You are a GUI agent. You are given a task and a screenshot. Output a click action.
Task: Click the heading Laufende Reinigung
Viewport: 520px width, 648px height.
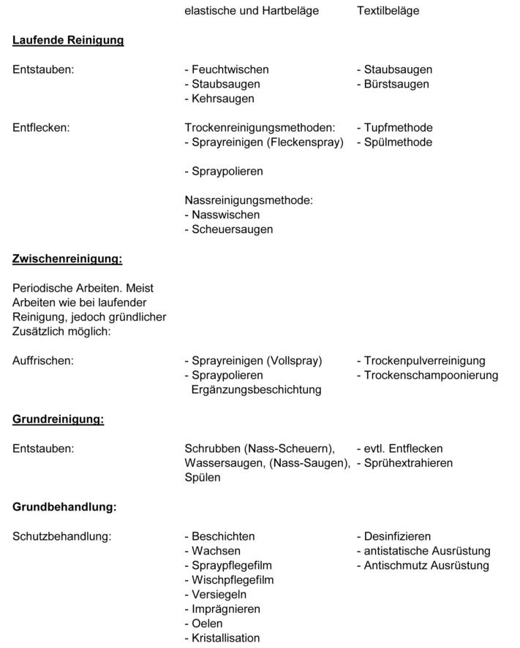coord(68,40)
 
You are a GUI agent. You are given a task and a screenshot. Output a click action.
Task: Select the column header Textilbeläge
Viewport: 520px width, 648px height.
coord(388,11)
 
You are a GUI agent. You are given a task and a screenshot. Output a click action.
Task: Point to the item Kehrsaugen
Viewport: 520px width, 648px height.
coord(222,99)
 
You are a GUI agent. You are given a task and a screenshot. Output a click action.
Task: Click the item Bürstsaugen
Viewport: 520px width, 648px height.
coord(396,84)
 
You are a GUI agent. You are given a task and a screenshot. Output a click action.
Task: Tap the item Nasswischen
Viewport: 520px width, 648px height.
coord(225,215)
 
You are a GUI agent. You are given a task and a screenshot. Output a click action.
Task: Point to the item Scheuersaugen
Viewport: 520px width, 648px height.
coord(232,229)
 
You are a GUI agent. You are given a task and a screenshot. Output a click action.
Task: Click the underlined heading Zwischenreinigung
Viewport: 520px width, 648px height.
coord(67,259)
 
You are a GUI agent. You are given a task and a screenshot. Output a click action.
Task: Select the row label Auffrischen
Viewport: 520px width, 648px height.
coord(43,361)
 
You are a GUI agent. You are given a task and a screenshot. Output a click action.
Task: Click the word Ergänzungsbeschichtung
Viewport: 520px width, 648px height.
coord(256,390)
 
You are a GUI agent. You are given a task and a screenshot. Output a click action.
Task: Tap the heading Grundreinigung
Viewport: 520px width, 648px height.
coord(58,419)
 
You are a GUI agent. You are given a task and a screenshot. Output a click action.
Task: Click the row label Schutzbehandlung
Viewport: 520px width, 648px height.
coord(61,536)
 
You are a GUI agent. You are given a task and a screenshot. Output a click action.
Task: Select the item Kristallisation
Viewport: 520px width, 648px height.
coord(225,638)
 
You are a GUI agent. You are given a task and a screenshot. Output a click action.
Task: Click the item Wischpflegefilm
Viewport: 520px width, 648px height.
coord(233,580)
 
